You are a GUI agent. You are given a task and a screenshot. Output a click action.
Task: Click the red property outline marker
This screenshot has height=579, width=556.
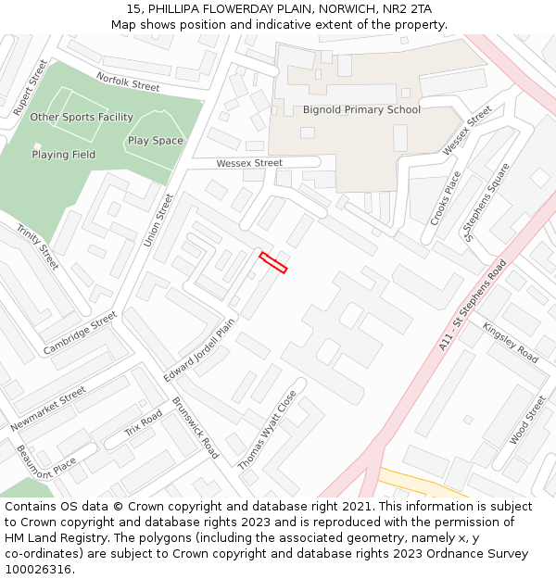(273, 262)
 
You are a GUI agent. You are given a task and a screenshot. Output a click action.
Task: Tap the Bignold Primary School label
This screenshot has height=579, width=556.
(361, 109)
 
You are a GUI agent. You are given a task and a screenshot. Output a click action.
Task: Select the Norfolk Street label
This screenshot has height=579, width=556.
(128, 83)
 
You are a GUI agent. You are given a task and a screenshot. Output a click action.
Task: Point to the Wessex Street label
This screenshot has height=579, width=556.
(249, 163)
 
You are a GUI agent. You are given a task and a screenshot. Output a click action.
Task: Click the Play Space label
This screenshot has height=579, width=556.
(156, 141)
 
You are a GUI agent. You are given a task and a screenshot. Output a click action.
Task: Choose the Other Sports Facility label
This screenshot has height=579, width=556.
(82, 117)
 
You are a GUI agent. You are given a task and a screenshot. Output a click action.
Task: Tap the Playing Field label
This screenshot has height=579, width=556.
(64, 155)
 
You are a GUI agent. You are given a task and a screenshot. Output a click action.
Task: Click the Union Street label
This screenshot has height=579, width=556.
(158, 220)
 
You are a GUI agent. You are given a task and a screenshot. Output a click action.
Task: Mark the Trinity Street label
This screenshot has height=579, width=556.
(37, 246)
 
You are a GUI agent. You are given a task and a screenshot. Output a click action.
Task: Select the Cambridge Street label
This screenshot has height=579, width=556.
(80, 333)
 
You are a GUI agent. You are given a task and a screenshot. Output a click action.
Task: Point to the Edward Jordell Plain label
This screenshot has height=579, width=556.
(199, 350)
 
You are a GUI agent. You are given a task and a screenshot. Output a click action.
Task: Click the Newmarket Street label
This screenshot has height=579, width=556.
(48, 409)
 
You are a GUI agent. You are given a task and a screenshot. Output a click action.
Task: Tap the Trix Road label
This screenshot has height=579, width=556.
(144, 423)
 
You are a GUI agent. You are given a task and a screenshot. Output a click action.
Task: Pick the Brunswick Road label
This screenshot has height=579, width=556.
(196, 428)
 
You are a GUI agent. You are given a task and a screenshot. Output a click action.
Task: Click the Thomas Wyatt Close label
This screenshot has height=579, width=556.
(268, 429)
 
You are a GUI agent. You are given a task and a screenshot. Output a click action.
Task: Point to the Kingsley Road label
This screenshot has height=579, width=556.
(510, 342)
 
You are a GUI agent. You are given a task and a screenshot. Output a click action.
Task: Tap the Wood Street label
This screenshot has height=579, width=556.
(528, 419)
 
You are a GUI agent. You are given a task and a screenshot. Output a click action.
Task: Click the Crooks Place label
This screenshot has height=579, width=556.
(446, 198)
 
